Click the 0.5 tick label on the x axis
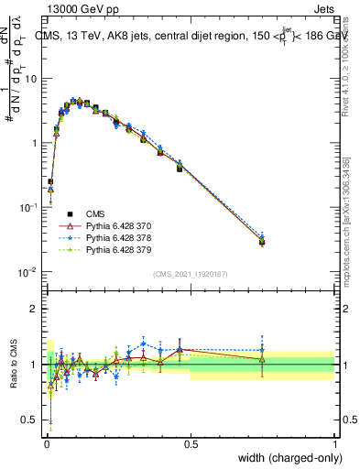pyautogui.click(x=191, y=443)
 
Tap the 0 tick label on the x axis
pyautogui.click(x=46, y=443)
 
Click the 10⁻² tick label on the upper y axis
pyautogui.click(x=29, y=272)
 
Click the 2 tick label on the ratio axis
pyautogui.click(x=35, y=309)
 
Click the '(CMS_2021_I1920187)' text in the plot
pyautogui.click(x=191, y=272)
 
